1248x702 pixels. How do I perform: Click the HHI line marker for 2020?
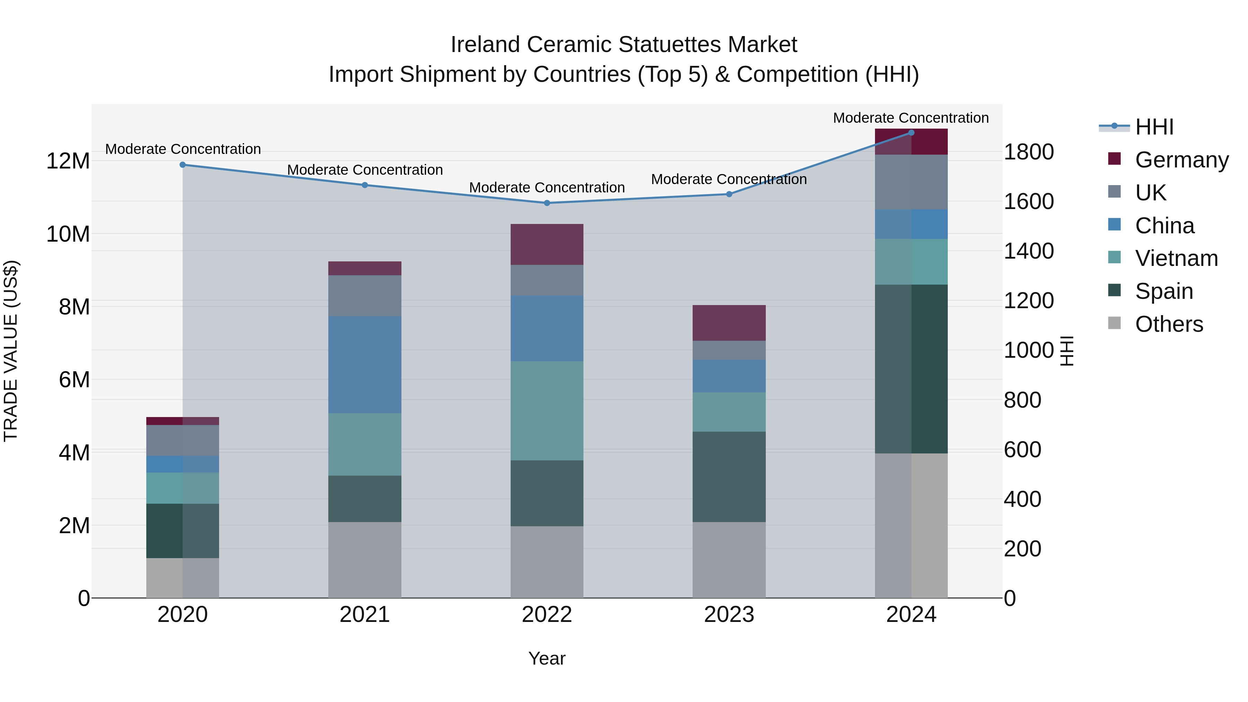pyautogui.click(x=183, y=165)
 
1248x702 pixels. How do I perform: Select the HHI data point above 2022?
pyautogui.click(x=547, y=203)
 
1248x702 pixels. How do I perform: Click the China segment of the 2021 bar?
pyautogui.click(x=365, y=364)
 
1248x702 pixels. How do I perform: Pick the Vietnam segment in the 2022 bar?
pyautogui.click(x=547, y=410)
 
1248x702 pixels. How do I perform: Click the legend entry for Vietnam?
pyautogui.click(x=1176, y=258)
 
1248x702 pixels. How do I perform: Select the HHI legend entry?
pyautogui.click(x=1154, y=127)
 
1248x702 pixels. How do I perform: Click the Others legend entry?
pyautogui.click(x=1169, y=324)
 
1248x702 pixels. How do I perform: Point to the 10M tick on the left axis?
pyautogui.click(x=68, y=234)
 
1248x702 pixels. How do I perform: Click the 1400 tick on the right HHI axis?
pyautogui.click(x=1029, y=251)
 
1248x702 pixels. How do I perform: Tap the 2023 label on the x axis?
pyautogui.click(x=729, y=615)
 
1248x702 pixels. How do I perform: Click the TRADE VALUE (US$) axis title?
pyautogui.click(x=11, y=351)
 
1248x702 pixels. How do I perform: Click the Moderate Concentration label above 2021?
pyautogui.click(x=365, y=170)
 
